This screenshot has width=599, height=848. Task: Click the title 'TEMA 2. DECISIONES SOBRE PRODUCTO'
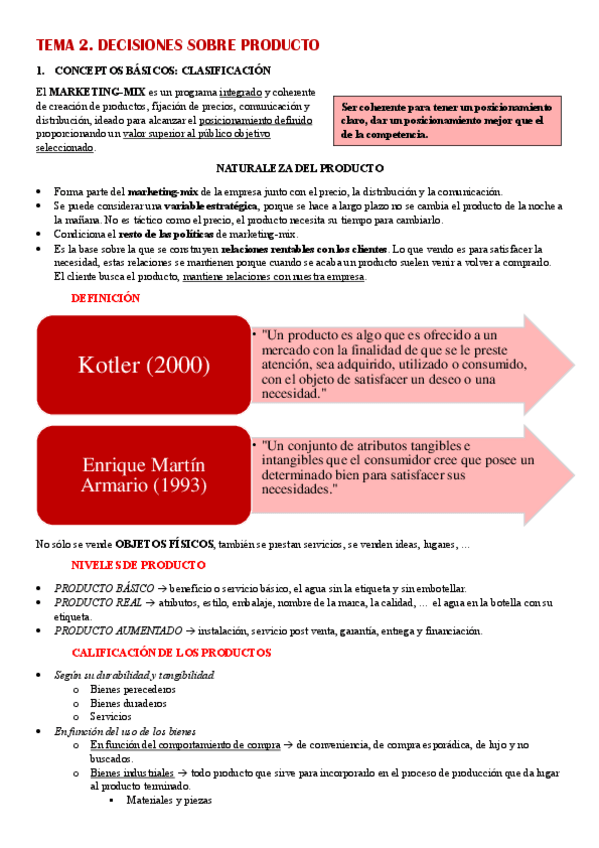coord(177,45)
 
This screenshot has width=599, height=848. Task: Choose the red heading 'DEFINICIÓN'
coord(106,298)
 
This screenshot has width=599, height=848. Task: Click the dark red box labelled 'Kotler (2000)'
coord(144,365)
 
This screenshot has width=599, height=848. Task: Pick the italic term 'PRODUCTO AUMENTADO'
coord(119,631)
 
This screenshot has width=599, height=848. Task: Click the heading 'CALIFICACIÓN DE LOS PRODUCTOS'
coord(171,653)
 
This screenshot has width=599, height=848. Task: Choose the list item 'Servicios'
coord(110,717)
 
